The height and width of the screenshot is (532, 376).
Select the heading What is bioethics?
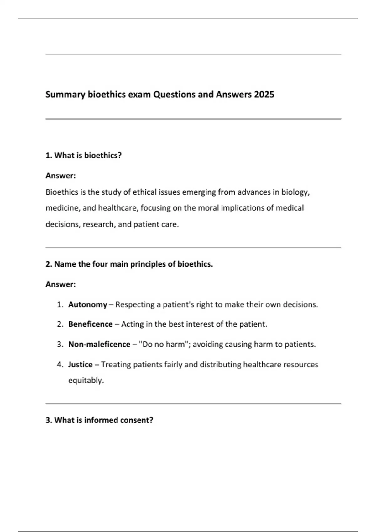(x=84, y=156)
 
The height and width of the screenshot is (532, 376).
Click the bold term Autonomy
(x=88, y=304)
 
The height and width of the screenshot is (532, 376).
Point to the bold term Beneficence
(x=90, y=324)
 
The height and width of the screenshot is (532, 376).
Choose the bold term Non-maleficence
(x=99, y=344)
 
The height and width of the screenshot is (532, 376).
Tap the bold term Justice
(x=81, y=365)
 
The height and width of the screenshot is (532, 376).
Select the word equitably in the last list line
(x=86, y=381)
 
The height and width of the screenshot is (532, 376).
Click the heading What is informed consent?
(x=99, y=420)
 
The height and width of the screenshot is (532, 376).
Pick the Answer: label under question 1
(x=60, y=176)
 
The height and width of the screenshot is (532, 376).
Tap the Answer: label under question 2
(x=60, y=284)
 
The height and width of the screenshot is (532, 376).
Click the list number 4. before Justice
(x=60, y=365)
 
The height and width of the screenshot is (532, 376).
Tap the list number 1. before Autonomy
(x=60, y=304)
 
